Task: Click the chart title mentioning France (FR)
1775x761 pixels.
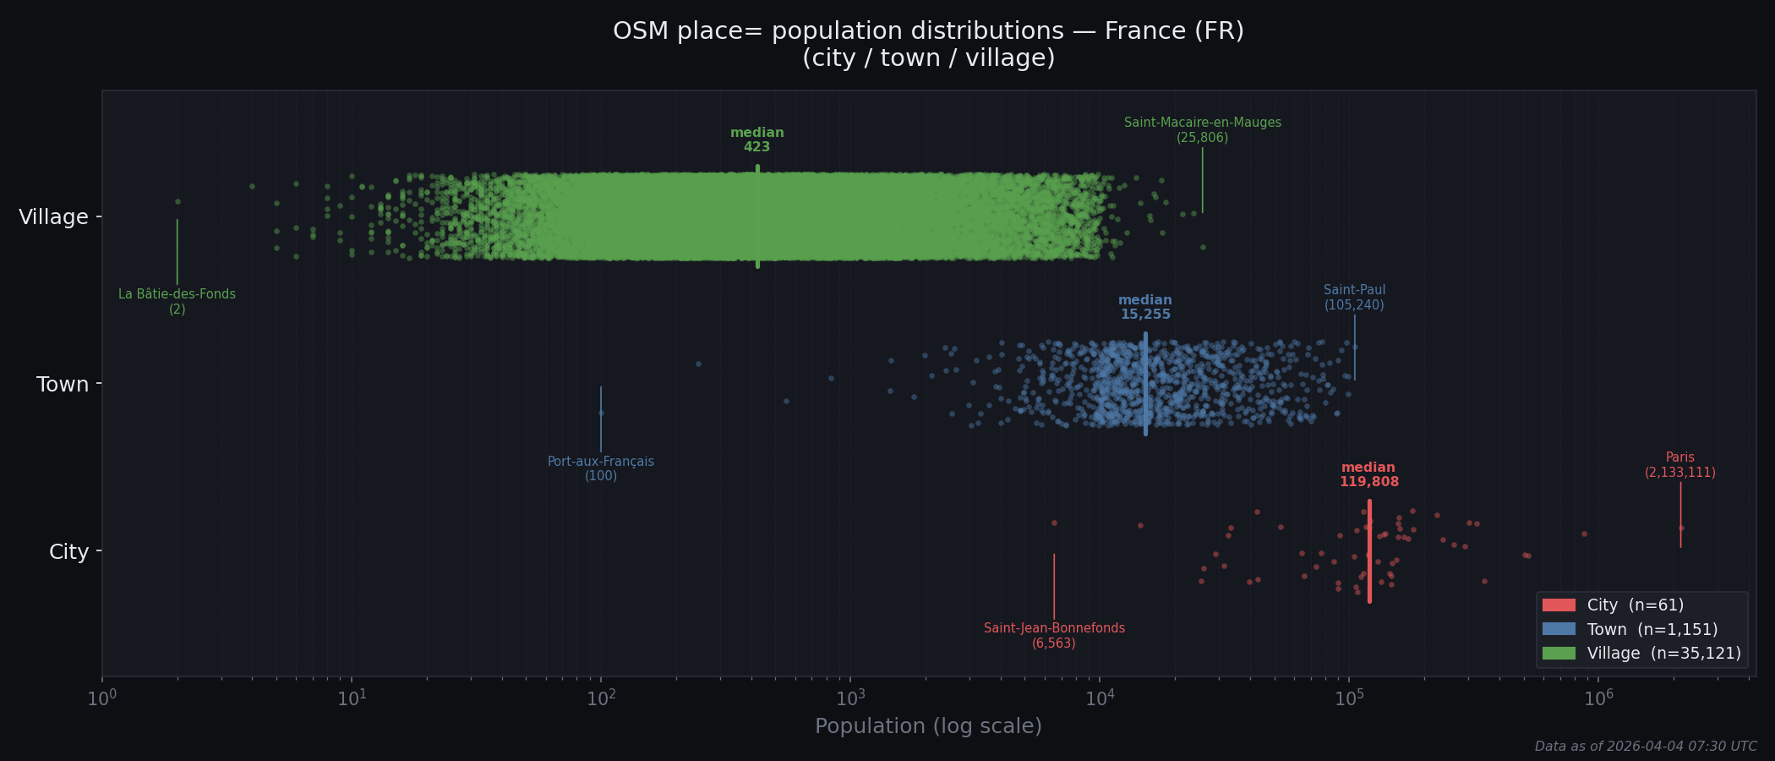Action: coord(928,44)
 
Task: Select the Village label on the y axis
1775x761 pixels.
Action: coord(53,217)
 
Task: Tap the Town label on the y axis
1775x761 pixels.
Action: coord(63,385)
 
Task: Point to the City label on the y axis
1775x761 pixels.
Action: coord(68,552)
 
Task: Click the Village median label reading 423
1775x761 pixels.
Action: coord(756,140)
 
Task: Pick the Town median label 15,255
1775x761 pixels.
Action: coord(1145,308)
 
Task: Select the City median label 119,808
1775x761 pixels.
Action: coord(1368,475)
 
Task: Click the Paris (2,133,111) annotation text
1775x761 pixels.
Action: coord(1679,465)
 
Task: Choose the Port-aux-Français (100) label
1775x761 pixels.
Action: coord(600,468)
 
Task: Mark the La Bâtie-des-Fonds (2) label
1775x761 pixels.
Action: coord(177,302)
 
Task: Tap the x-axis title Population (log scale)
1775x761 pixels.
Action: coord(928,726)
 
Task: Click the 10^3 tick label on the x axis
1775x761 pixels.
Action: coord(850,698)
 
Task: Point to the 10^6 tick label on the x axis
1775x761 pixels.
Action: coord(1597,698)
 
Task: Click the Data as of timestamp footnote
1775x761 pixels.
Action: coord(1645,747)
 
